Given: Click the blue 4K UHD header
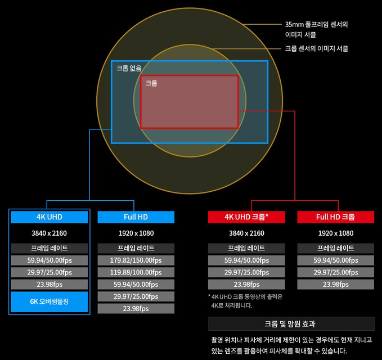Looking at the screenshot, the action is [x=50, y=217].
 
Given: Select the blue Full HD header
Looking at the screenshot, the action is [x=136, y=217].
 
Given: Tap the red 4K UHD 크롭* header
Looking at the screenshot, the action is [x=246, y=217].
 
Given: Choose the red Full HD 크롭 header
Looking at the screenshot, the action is [x=335, y=217].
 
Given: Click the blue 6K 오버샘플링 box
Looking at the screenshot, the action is [x=50, y=301].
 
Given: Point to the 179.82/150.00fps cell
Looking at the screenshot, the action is [x=136, y=260].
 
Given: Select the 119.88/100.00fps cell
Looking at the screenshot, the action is [x=136, y=272].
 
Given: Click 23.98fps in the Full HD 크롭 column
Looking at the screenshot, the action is [x=335, y=284].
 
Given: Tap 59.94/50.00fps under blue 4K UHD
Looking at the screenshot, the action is [x=50, y=260].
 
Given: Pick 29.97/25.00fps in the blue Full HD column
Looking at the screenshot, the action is [x=136, y=296].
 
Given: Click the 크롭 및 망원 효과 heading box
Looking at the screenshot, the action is [x=291, y=324].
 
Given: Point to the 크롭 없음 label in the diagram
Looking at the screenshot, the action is [x=129, y=68].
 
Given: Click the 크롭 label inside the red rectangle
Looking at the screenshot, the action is [x=151, y=83].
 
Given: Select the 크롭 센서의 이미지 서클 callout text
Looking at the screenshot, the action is [x=316, y=49].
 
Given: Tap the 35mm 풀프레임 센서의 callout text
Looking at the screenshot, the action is [x=316, y=25].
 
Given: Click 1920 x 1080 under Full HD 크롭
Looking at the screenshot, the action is [x=335, y=233].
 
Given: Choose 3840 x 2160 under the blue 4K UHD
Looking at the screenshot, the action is [x=50, y=233].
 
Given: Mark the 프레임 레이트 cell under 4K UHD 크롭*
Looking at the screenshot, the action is [x=246, y=248].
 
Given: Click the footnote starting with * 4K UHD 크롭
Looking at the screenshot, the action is [x=245, y=301].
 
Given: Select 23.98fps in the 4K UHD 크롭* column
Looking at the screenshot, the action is [x=246, y=284].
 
